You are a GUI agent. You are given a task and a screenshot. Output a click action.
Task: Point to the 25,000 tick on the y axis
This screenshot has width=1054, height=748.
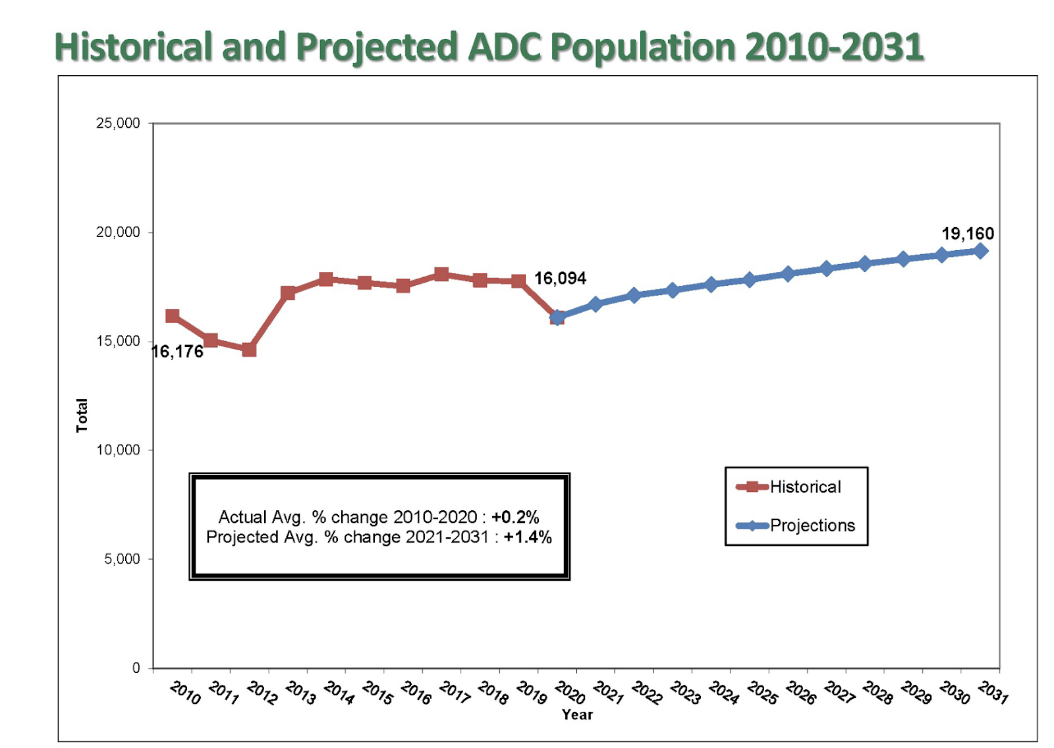point(118,123)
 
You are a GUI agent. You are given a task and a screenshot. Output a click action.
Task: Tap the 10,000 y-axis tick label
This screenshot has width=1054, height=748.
point(118,450)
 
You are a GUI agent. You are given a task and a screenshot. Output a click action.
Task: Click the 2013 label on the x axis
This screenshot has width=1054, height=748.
point(300,693)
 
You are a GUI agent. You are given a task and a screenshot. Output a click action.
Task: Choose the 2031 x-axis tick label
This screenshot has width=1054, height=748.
point(993,693)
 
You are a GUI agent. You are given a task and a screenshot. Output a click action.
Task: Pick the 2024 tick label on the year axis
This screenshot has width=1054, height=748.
point(723,693)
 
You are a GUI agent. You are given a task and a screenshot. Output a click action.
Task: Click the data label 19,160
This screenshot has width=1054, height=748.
point(967,234)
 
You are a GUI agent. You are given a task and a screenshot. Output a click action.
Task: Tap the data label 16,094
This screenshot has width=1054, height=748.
point(560,279)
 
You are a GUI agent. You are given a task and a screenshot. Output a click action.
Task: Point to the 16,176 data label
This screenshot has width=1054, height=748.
point(178,352)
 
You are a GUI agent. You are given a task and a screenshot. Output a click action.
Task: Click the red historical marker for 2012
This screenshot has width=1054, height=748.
point(249,349)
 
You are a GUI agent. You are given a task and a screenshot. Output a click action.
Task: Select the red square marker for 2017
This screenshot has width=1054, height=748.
point(441,275)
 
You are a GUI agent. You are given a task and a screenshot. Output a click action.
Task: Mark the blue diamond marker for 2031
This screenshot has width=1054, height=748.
point(980,251)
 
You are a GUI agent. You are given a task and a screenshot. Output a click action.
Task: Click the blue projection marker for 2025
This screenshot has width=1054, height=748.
point(749,280)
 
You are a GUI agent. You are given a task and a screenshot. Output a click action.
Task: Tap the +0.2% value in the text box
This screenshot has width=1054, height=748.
point(515,517)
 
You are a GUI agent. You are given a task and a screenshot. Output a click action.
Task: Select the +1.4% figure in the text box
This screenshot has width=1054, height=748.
point(528,537)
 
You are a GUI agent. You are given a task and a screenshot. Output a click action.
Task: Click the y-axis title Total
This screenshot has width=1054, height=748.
point(82,415)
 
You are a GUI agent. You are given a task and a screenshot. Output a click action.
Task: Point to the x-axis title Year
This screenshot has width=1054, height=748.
point(577,714)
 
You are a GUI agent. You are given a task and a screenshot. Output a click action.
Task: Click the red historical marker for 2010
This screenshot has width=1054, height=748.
point(172,316)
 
